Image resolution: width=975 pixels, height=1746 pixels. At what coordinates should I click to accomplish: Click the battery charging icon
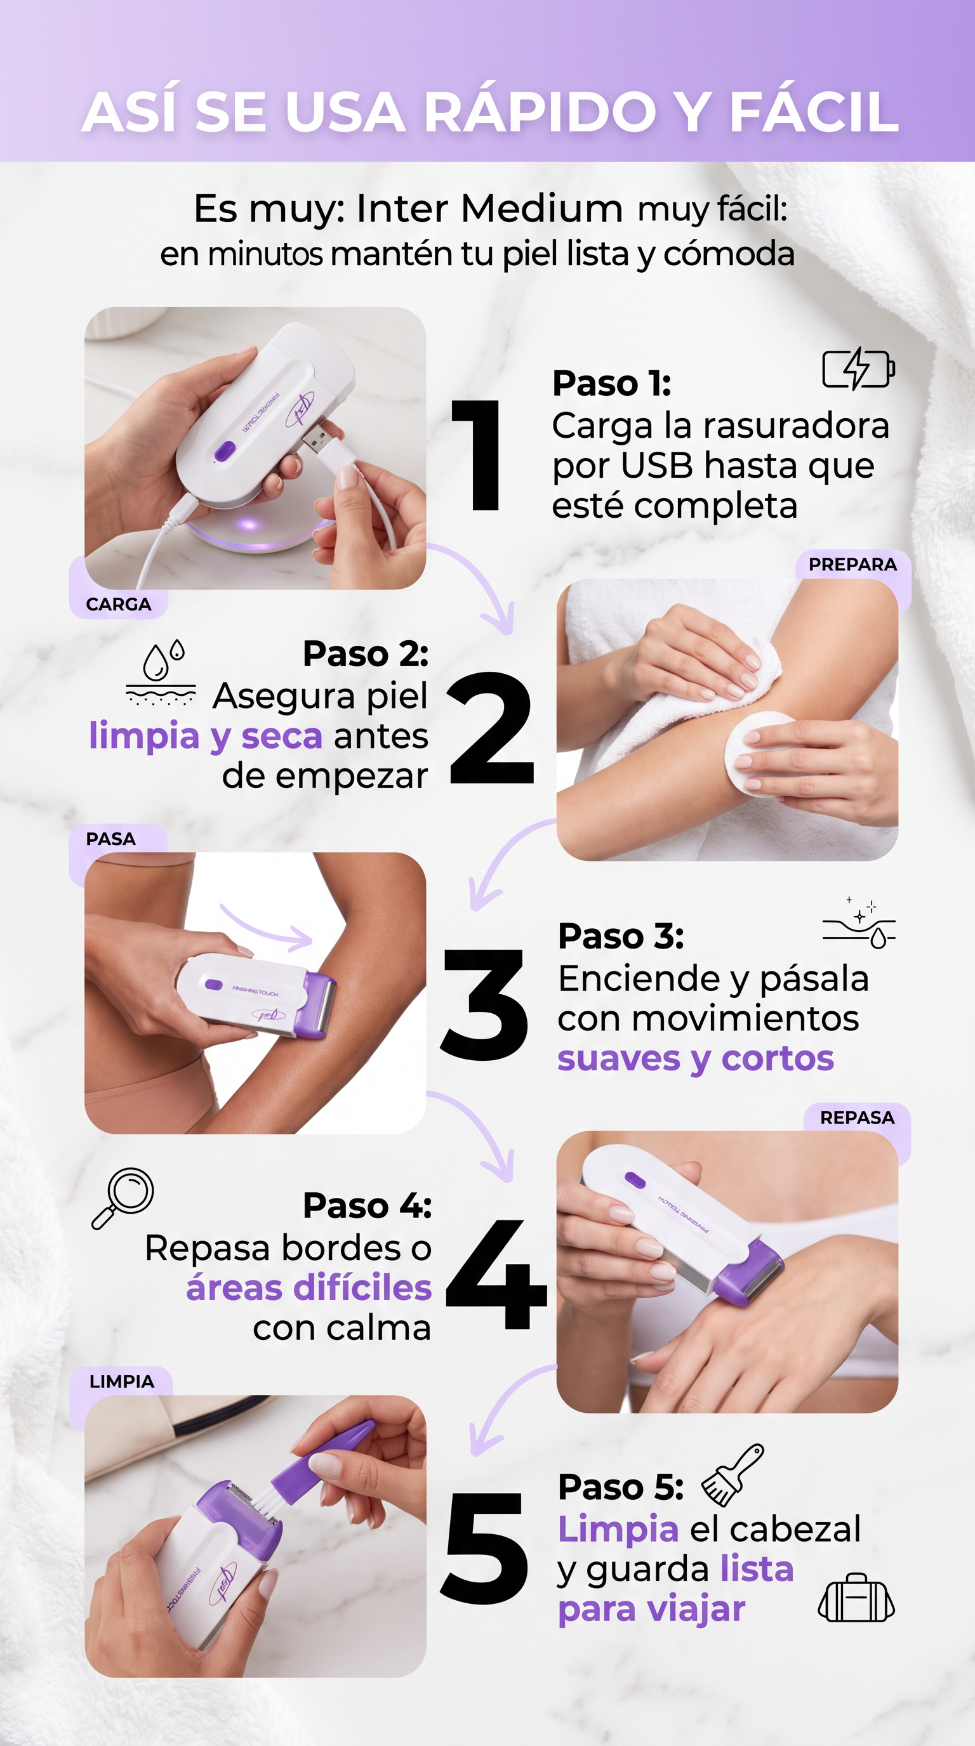(x=858, y=368)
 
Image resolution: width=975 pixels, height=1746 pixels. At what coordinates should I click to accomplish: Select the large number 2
(x=491, y=728)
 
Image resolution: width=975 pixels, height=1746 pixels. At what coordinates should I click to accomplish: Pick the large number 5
(x=484, y=1549)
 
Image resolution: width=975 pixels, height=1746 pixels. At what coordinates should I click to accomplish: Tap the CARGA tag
(x=119, y=604)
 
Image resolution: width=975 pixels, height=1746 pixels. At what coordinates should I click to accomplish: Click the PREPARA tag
(x=852, y=564)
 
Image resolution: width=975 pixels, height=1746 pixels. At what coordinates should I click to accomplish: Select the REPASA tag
(x=857, y=1118)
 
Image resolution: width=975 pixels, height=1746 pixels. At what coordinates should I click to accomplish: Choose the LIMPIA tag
(x=121, y=1381)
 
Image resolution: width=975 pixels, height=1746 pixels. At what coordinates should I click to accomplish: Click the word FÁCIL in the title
(x=814, y=111)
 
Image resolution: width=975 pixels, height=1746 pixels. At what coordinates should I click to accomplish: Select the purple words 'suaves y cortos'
(x=695, y=1058)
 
